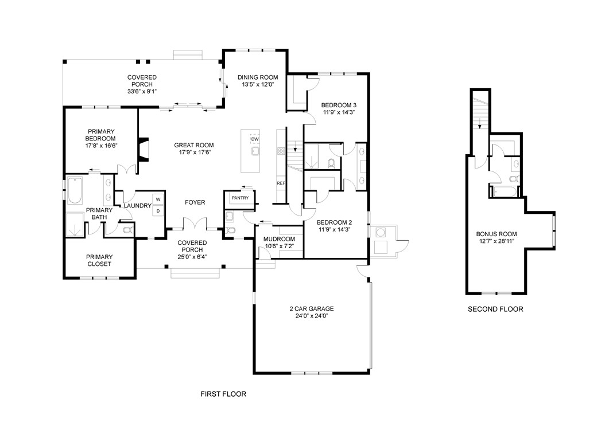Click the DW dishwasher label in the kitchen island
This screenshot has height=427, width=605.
click(x=255, y=139)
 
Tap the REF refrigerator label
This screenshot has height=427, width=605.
click(x=281, y=183)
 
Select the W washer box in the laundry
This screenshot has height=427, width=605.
click(x=158, y=199)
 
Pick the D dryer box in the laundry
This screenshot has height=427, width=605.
click(x=158, y=211)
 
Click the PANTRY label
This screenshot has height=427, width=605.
click(x=240, y=198)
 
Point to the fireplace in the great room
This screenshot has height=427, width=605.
click(x=143, y=150)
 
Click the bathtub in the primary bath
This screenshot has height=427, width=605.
click(x=75, y=190)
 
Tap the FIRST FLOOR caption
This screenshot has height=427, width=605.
click(x=223, y=394)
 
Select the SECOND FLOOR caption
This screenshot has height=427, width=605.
click(x=495, y=309)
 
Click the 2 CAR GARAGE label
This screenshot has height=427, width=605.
click(x=312, y=309)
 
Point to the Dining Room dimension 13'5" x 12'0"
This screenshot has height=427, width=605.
click(x=258, y=84)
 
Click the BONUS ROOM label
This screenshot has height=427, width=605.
click(x=496, y=234)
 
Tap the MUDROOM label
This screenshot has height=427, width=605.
click(x=280, y=240)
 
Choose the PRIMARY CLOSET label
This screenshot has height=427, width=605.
click(x=99, y=261)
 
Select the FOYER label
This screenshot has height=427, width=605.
click(x=195, y=202)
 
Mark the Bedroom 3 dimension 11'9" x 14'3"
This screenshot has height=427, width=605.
click(x=339, y=112)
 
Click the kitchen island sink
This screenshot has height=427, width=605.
click(x=255, y=151)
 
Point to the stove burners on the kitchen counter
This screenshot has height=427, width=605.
click(x=281, y=151)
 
